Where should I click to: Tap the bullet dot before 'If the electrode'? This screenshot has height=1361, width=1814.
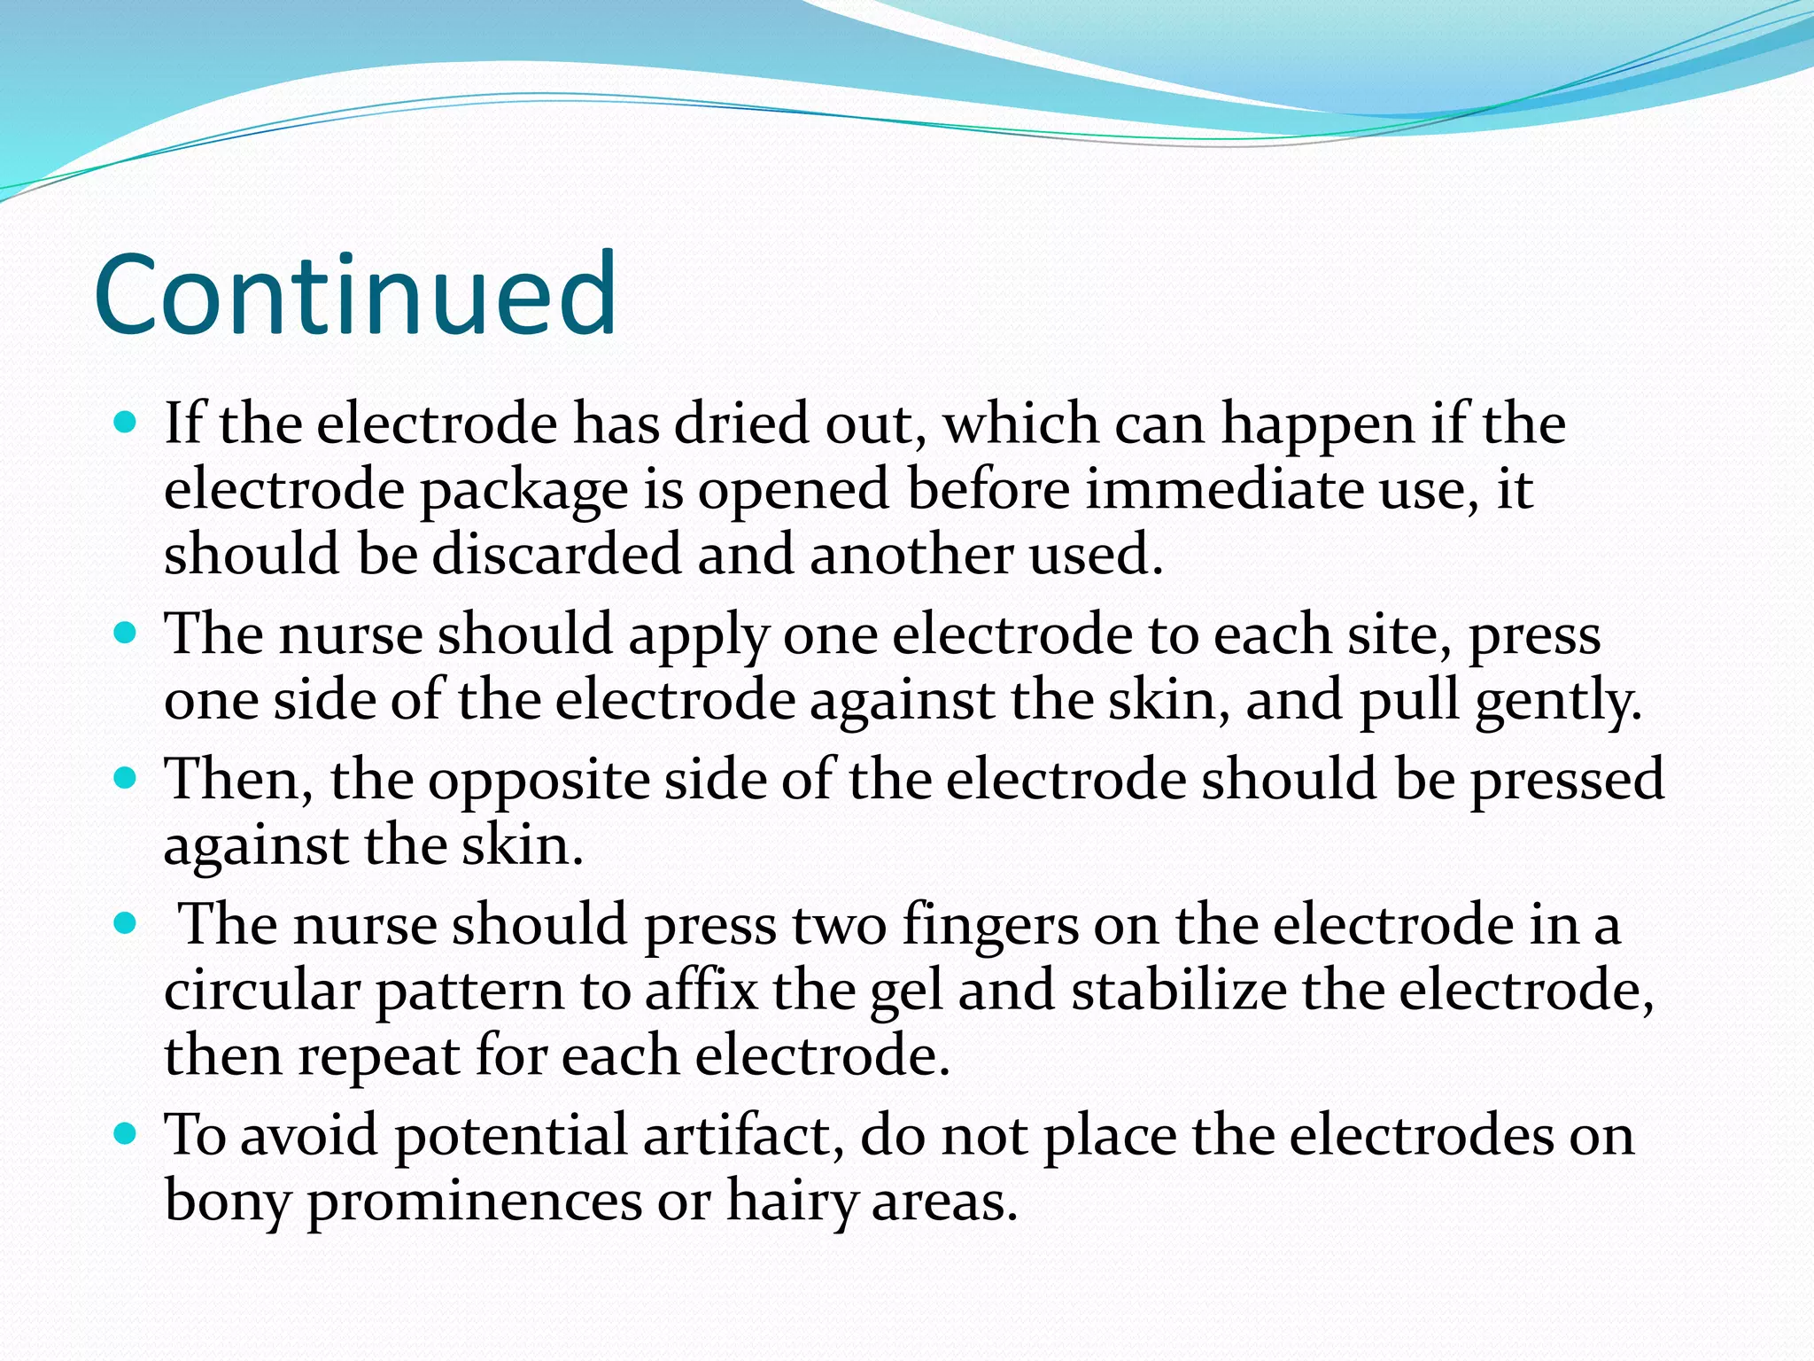126,422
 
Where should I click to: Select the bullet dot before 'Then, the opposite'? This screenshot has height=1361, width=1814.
126,779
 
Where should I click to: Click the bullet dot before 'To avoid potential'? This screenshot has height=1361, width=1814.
126,1133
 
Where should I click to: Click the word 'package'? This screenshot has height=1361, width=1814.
523,491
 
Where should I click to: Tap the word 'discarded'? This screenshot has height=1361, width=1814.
557,555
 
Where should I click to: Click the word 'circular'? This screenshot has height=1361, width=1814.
261,991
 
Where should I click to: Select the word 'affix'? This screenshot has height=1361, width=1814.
701,991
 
